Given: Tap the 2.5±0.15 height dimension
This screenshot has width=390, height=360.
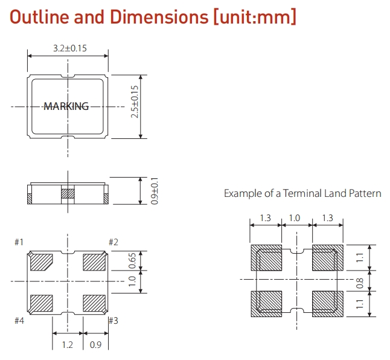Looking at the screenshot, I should pyautogui.click(x=135, y=106).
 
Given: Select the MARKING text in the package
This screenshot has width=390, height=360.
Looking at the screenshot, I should pyautogui.click(x=66, y=106).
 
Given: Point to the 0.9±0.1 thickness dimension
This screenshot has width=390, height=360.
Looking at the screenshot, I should pyautogui.click(x=138, y=190).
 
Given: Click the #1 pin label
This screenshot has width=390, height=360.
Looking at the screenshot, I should pyautogui.click(x=19, y=242).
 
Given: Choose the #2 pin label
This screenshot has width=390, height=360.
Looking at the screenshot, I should pyautogui.click(x=113, y=242).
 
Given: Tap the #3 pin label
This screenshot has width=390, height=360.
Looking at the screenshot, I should pyautogui.click(x=113, y=320).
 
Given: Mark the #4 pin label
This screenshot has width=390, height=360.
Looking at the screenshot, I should pyautogui.click(x=19, y=320).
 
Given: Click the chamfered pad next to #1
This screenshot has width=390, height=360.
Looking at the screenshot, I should pyautogui.click(x=41, y=262).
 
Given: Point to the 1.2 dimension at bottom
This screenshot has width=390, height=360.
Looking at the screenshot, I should pyautogui.click(x=68, y=346).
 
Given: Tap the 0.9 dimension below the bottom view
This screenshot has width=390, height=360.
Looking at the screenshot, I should pyautogui.click(x=95, y=346).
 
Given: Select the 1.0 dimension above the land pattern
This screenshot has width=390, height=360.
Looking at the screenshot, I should pyautogui.click(x=296, y=218).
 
